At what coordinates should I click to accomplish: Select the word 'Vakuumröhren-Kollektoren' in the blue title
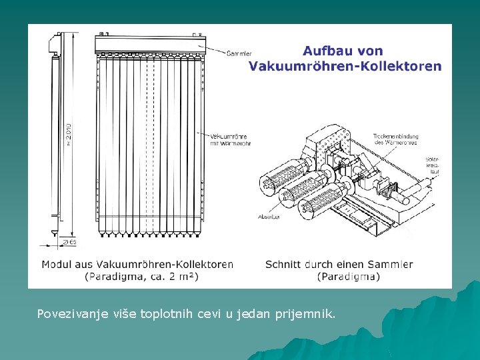click(x=345, y=66)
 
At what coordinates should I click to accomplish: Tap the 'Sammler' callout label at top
click(x=239, y=53)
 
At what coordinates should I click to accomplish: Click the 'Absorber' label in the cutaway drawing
click(x=268, y=217)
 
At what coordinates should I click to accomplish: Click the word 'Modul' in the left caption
click(x=57, y=264)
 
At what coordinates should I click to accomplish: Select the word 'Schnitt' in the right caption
click(x=284, y=264)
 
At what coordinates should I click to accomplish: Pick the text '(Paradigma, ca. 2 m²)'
click(x=141, y=276)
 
